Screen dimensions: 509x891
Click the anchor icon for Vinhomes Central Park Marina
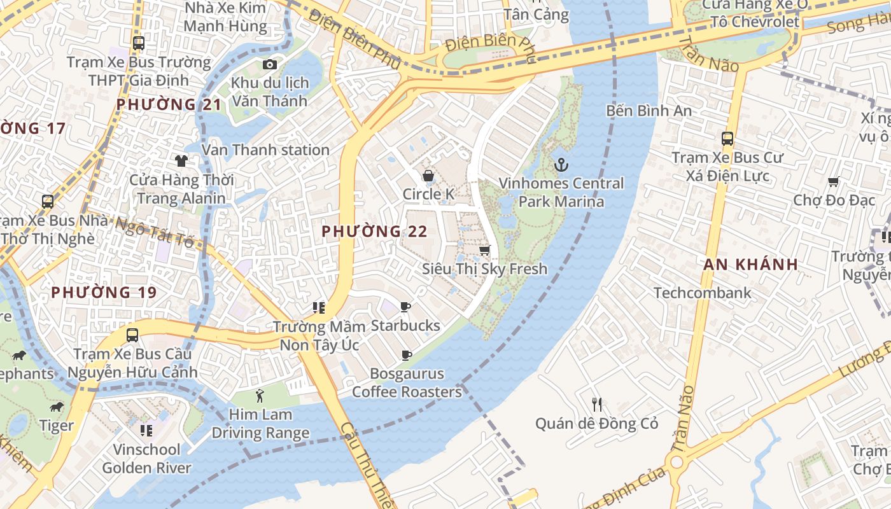click(561, 165)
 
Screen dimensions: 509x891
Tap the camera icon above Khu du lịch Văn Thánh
click(270, 64)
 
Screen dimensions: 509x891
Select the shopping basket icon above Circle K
click(428, 175)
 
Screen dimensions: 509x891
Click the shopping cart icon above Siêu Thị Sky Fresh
click(484, 250)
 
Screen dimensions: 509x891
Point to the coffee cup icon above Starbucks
click(405, 307)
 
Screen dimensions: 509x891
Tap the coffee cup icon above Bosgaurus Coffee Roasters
click(406, 355)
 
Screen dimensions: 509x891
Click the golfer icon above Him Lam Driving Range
click(260, 396)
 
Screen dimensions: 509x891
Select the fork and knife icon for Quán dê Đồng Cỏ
click(596, 404)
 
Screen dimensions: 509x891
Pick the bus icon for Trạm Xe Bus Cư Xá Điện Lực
click(727, 138)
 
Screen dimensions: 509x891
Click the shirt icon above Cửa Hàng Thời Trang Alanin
click(181, 160)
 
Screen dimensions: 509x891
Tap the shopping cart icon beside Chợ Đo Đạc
click(834, 182)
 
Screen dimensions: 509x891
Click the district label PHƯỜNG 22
click(374, 232)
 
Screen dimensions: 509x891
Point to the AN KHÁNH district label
click(750, 265)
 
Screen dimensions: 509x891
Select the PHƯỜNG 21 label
click(169, 104)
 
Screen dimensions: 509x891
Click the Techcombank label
click(703, 293)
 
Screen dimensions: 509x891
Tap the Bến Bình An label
click(649, 111)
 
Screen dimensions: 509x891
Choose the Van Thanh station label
click(265, 150)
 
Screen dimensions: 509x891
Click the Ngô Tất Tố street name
click(155, 232)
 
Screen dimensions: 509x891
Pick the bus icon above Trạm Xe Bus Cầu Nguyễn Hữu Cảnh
click(132, 335)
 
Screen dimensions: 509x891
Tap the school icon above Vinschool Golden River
click(146, 431)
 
